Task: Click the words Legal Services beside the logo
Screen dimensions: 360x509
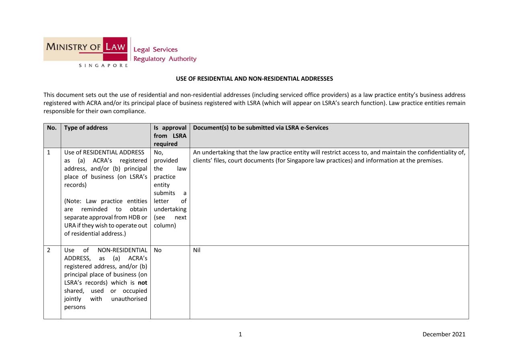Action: point(155,49)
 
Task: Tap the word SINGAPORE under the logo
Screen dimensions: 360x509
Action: point(103,65)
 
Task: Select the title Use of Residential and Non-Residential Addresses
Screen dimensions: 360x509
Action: point(255,79)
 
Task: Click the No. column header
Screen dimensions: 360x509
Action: point(52,128)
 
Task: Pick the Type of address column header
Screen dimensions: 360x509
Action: point(86,128)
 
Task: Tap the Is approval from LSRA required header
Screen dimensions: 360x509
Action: point(170,136)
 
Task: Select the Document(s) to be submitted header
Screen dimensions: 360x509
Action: point(261,128)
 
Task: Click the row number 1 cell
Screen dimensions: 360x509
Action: point(49,152)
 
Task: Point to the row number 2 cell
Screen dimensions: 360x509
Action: point(49,250)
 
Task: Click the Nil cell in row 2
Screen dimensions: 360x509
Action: point(197,250)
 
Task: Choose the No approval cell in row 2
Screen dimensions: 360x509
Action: point(158,250)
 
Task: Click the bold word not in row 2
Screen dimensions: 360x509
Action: point(142,283)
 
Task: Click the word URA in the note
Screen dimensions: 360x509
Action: point(70,226)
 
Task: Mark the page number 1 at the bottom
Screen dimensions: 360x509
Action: point(240,334)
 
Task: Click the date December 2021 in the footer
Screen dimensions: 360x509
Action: point(444,334)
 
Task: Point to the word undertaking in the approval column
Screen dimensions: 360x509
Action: point(170,209)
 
